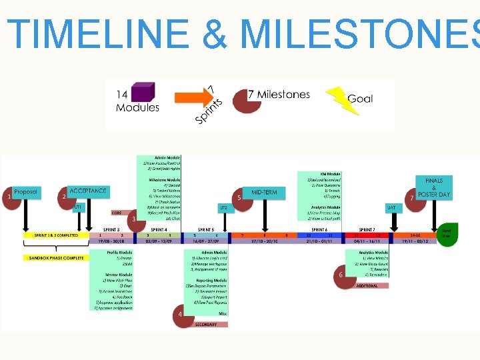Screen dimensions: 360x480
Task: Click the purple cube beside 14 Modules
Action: [x=143, y=91]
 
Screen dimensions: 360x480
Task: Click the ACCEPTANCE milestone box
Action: [x=87, y=191]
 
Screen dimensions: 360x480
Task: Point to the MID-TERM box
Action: [x=265, y=193]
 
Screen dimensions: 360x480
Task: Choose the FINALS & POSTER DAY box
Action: [x=434, y=187]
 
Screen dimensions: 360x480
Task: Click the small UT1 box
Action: [x=78, y=207]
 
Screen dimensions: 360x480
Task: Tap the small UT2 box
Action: [x=224, y=208]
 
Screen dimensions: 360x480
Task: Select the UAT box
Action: [x=392, y=208]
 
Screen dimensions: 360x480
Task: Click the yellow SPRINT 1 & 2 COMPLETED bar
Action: [x=56, y=235]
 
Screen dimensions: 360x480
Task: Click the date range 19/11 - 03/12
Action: [x=415, y=241]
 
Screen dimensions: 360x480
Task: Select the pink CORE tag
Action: [x=116, y=213]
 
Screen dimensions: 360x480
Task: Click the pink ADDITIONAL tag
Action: [x=367, y=286]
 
